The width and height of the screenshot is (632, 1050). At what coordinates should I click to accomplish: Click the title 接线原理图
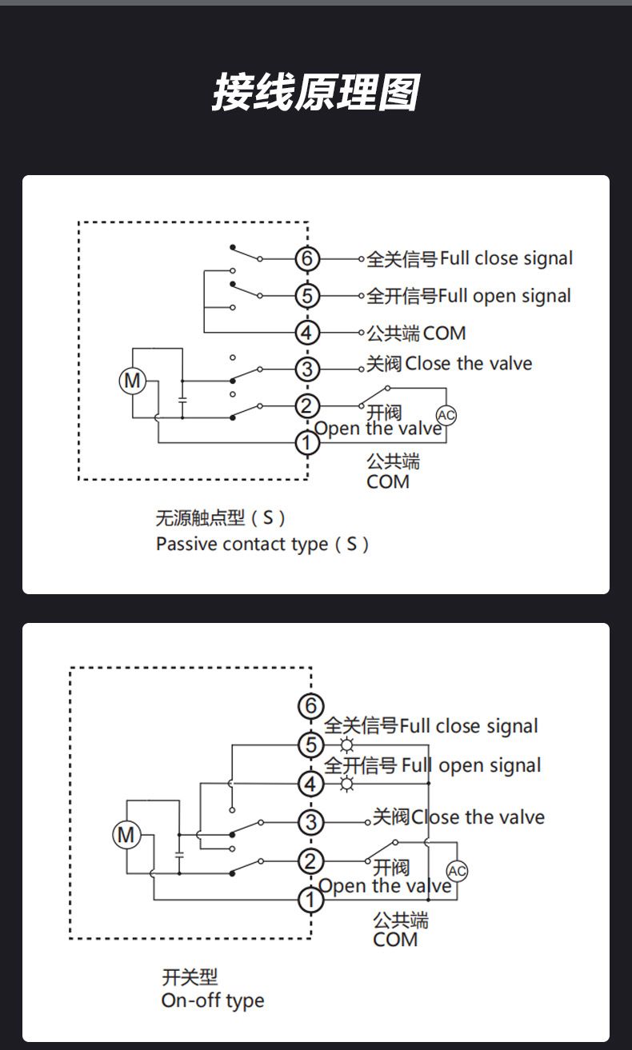pos(315,92)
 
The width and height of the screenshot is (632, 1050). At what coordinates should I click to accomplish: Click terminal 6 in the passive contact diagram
pos(306,259)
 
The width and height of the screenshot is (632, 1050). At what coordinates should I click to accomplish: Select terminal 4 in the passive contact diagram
pos(306,333)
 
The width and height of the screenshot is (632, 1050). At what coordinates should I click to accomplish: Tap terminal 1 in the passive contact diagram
pos(306,442)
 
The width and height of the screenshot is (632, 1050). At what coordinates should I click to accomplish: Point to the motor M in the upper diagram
pos(132,381)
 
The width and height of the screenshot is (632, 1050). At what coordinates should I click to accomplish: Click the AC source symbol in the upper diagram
pos(446,415)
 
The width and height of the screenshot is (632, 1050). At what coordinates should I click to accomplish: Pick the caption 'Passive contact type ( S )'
pos(262,545)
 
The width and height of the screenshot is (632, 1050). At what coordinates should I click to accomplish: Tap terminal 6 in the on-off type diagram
pos(310,707)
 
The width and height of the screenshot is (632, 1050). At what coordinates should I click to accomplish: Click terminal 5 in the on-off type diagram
pos(310,745)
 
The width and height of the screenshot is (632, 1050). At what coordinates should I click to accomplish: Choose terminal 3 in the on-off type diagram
pos(310,822)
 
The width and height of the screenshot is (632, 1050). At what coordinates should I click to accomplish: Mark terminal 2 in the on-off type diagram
pos(310,861)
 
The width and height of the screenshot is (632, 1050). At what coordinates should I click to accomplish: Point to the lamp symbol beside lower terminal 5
pos(346,745)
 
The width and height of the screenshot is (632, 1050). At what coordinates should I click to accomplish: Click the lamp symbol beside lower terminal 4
pos(346,784)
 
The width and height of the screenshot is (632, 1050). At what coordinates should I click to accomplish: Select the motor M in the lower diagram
pos(126,836)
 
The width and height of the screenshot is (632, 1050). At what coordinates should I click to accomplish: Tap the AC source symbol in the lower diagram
pos(457,871)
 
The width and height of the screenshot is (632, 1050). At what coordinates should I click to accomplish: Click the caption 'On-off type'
pos(212,1000)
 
